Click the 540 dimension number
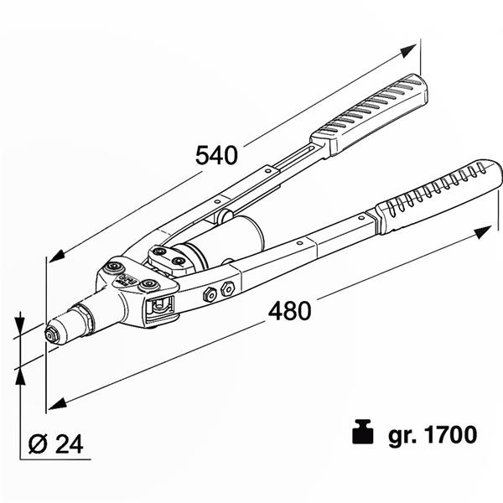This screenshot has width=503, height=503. (x=216, y=155)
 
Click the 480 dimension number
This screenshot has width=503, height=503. (x=290, y=311)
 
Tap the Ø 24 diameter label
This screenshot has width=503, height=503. (x=56, y=444)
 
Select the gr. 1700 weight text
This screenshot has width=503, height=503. (x=433, y=434)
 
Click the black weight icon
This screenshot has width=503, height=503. (x=362, y=432)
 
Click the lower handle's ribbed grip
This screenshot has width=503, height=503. (x=438, y=196)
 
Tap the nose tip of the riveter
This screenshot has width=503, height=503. (x=50, y=335)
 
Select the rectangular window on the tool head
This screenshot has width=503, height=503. (x=160, y=309)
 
